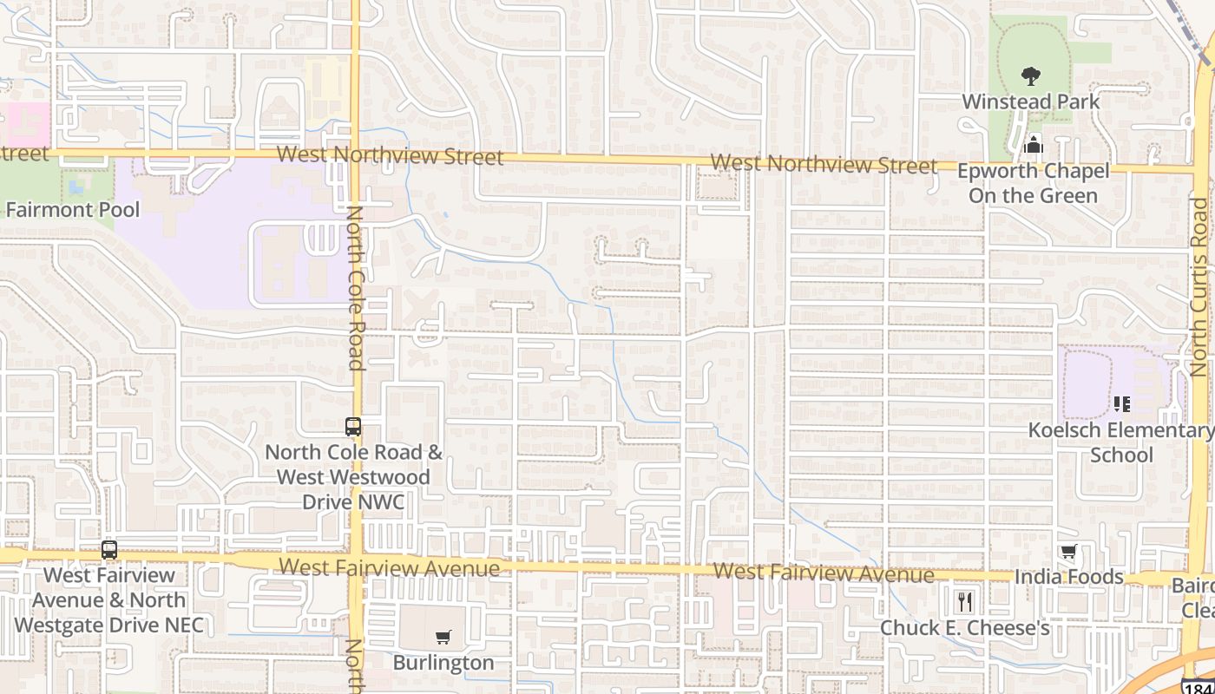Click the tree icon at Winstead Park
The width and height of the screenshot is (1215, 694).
pyautogui.click(x=1030, y=76)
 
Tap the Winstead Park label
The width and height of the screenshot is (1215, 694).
pyautogui.click(x=1030, y=101)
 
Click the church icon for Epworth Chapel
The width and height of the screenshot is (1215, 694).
pyautogui.click(x=1033, y=144)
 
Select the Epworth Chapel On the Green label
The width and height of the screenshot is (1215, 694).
pyautogui.click(x=1033, y=183)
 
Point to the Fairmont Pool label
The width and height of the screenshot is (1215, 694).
pyautogui.click(x=72, y=209)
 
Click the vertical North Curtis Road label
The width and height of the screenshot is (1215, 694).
pyautogui.click(x=1199, y=286)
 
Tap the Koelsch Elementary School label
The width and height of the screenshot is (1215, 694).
pyautogui.click(x=1120, y=442)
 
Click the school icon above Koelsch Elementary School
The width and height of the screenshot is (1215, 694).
pyautogui.click(x=1121, y=403)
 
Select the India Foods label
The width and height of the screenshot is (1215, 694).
pyautogui.click(x=1069, y=577)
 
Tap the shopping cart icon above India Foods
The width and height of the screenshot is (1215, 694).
pyautogui.click(x=1068, y=552)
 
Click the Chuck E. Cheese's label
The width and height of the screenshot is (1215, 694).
pyautogui.click(x=964, y=627)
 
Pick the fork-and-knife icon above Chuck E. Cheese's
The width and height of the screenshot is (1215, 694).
pyautogui.click(x=964, y=601)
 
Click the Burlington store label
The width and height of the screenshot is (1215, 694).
pyautogui.click(x=443, y=663)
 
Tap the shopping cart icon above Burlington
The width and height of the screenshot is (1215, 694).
pyautogui.click(x=443, y=638)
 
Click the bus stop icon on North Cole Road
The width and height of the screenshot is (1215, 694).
pyautogui.click(x=352, y=426)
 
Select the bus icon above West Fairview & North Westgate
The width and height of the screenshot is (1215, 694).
pyautogui.click(x=108, y=549)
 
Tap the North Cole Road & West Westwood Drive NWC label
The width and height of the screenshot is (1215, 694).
pyautogui.click(x=353, y=477)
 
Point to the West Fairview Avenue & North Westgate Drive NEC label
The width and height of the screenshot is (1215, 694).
pyautogui.click(x=109, y=600)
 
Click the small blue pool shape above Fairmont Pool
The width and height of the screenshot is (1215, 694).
pyautogui.click(x=76, y=185)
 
